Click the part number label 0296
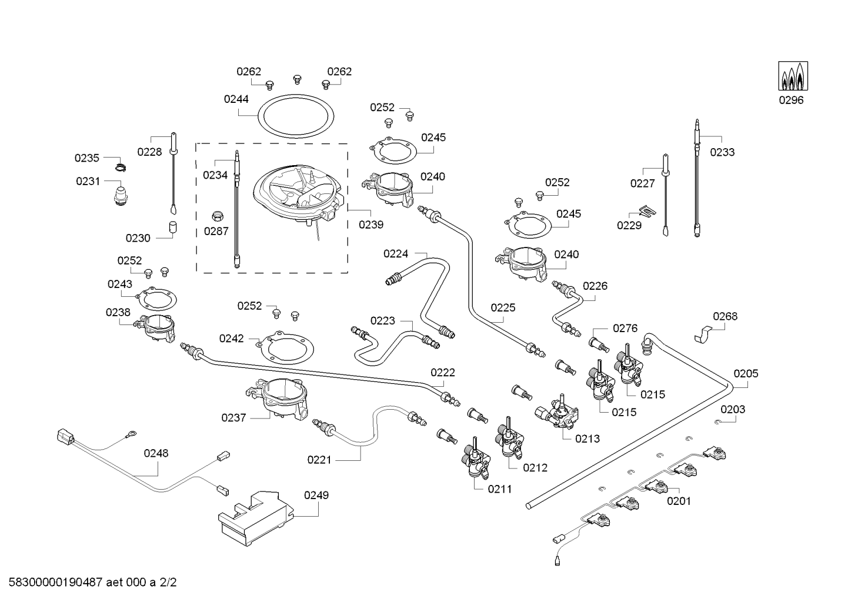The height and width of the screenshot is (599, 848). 791,100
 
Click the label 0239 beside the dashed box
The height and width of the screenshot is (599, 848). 371,225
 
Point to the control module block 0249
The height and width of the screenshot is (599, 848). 258,517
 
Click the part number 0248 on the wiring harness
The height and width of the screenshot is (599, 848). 156,453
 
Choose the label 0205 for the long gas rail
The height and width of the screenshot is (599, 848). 746,373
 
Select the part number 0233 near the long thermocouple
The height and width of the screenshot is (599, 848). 722,152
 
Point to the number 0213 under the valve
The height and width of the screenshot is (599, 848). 587,438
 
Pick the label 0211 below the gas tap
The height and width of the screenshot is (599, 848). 499,488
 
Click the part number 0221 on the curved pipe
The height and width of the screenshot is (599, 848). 319,460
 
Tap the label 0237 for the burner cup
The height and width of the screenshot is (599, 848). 233,418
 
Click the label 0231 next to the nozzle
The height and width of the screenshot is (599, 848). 88,182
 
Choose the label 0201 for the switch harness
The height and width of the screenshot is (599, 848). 679,501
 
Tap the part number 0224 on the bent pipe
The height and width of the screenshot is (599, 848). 396,254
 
